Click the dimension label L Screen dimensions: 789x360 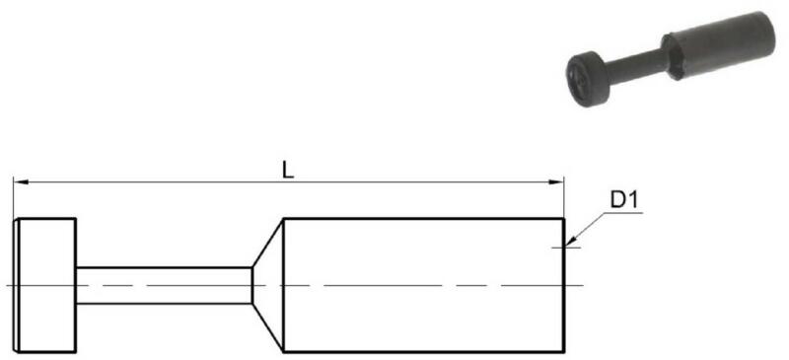[x=287, y=171]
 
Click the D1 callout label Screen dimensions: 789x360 [x=624, y=200]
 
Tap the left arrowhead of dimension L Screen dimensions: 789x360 [x=20, y=181]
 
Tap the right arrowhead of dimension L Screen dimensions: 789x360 [x=557, y=181]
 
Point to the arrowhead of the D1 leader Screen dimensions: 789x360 [x=570, y=243]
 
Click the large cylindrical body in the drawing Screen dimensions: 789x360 [x=424, y=285]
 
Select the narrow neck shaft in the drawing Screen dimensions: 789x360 [x=164, y=285]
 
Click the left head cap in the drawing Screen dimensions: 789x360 [x=44, y=285]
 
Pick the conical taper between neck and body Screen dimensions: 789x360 [x=267, y=285]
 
